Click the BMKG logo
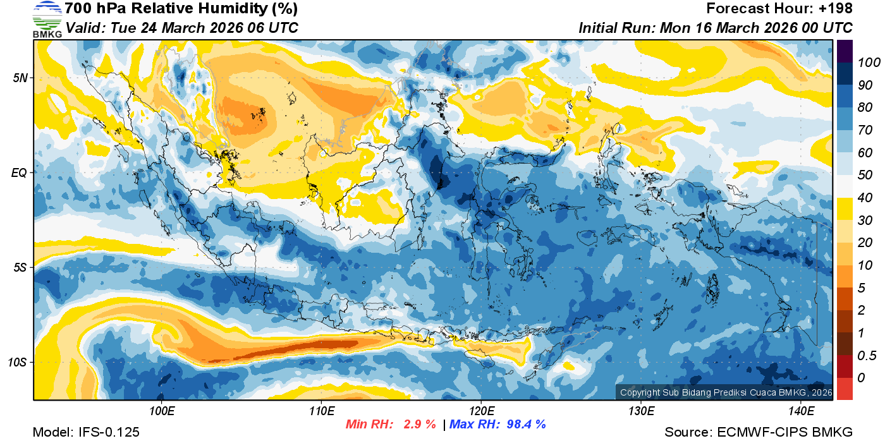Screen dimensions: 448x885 (x=47, y=19)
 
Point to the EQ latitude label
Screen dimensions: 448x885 (x=20, y=173)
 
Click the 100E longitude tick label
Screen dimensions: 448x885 (x=162, y=411)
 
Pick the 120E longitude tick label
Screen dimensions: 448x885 (x=481, y=411)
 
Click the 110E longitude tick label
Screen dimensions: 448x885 (x=321, y=411)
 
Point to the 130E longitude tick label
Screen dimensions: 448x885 (x=641, y=411)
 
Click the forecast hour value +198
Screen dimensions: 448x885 (x=837, y=9)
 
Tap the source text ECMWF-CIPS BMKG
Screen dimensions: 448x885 (x=784, y=432)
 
